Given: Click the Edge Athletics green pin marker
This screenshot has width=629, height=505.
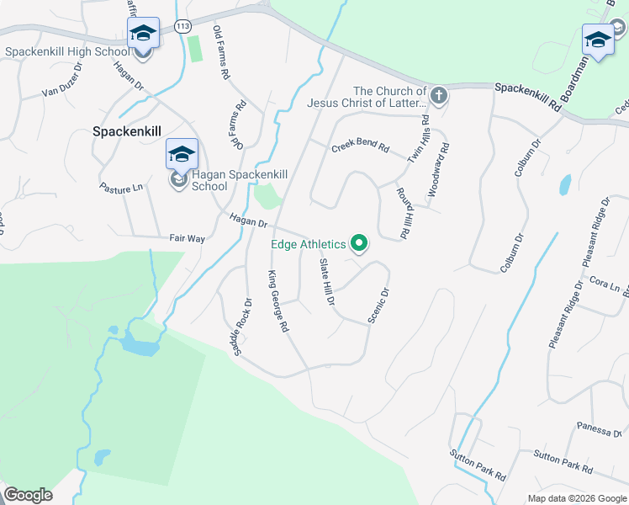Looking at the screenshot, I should [360, 244].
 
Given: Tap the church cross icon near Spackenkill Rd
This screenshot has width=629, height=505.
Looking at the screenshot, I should [438, 97].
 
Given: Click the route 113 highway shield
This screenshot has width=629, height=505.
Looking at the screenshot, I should [182, 27].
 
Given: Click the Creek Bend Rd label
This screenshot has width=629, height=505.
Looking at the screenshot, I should [360, 147].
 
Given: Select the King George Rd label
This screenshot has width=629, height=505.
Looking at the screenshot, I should [278, 300].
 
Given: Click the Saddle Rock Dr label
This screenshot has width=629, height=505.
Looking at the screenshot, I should [242, 326].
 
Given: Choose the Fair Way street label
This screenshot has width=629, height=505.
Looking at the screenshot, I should [187, 239].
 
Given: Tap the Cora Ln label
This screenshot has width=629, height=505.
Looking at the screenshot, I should [605, 283].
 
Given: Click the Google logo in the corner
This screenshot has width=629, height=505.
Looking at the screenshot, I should [28, 494].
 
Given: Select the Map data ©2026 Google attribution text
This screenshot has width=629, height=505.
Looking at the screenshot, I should [577, 498].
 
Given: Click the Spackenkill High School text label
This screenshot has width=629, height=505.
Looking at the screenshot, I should [67, 51].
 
